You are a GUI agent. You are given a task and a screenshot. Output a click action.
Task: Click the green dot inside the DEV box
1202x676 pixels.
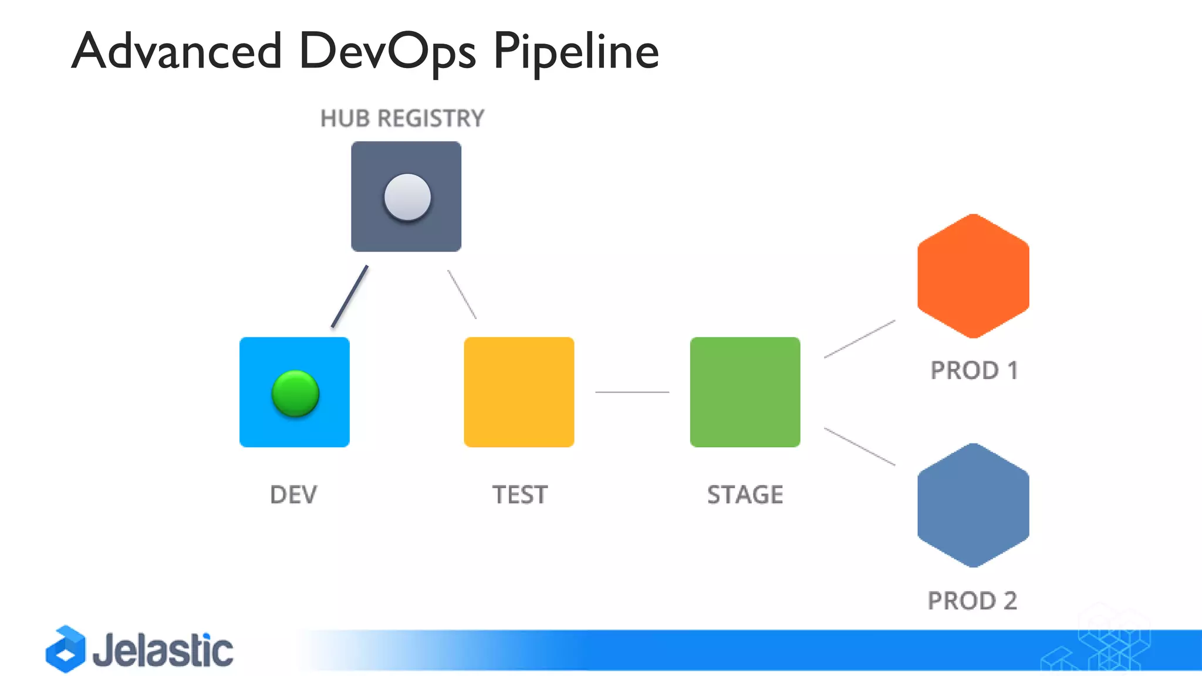(x=295, y=393)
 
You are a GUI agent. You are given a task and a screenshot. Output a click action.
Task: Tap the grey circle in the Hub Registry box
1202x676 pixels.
(x=407, y=197)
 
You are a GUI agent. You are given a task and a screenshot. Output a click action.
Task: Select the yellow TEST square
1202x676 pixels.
(x=519, y=392)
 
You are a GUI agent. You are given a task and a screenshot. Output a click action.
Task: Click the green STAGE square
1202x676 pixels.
(x=745, y=392)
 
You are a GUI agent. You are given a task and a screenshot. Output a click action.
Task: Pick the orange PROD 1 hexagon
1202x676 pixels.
(x=973, y=276)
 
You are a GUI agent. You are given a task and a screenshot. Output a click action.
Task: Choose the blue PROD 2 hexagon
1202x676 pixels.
(x=973, y=505)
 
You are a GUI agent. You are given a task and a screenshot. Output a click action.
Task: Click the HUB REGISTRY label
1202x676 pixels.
(x=402, y=119)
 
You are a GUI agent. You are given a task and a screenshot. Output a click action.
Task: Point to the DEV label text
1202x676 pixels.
(x=293, y=495)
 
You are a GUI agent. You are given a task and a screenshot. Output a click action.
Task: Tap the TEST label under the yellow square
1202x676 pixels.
(x=519, y=495)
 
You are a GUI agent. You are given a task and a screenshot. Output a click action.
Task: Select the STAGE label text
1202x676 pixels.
(x=745, y=495)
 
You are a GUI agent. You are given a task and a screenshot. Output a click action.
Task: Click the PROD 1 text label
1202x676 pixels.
(x=974, y=370)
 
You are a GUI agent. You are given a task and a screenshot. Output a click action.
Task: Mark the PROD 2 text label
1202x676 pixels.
(x=972, y=601)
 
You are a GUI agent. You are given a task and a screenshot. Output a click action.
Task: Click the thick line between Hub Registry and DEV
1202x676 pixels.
(x=350, y=296)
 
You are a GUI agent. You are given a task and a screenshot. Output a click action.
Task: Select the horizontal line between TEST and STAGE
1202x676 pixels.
(x=632, y=392)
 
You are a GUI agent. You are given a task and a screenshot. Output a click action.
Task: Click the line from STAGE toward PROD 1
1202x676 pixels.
(x=859, y=339)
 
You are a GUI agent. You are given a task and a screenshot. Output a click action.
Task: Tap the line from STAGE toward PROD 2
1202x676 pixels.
(x=859, y=447)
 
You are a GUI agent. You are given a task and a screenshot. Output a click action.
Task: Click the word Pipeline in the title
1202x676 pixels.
(x=576, y=52)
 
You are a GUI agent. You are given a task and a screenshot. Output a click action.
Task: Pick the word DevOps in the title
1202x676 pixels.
(x=387, y=52)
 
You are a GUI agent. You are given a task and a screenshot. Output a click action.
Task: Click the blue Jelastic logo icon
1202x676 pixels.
(x=66, y=649)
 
